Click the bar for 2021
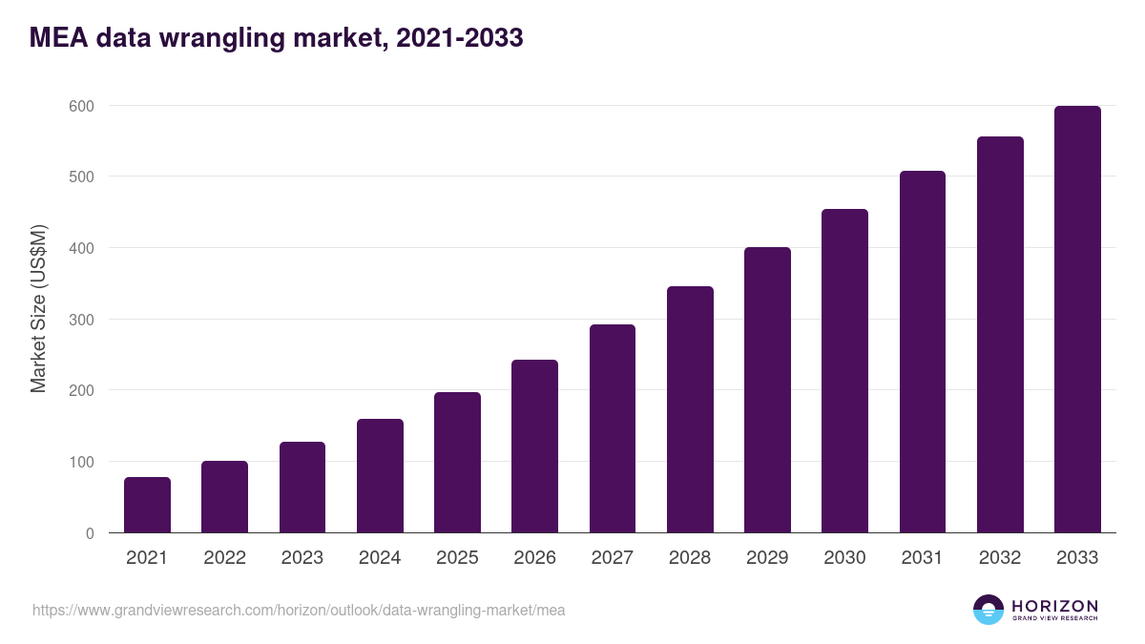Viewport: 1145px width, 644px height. (x=147, y=505)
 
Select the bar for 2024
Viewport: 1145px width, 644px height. (x=380, y=476)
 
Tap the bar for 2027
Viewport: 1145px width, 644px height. (x=613, y=428)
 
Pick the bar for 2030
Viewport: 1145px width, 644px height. (x=844, y=371)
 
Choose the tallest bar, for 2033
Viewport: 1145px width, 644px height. (x=1077, y=320)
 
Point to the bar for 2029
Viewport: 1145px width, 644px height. (x=767, y=390)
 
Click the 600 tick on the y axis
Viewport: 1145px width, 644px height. (x=81, y=106)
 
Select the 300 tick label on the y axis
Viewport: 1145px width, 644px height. (x=81, y=320)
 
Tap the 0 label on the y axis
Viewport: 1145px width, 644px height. (x=90, y=533)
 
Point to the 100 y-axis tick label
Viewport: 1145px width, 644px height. (x=81, y=462)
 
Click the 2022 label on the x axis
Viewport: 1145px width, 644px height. (x=224, y=558)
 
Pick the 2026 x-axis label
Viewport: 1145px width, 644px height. (x=534, y=558)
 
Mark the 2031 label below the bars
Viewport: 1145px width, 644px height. (x=923, y=558)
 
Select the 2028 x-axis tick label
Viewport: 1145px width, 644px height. (x=690, y=558)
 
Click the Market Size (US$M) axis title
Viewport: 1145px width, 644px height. (x=38, y=307)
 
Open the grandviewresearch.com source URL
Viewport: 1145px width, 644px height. (x=299, y=610)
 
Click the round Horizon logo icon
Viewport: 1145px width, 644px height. (x=989, y=610)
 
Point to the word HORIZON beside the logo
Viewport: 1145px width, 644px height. (x=1054, y=606)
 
